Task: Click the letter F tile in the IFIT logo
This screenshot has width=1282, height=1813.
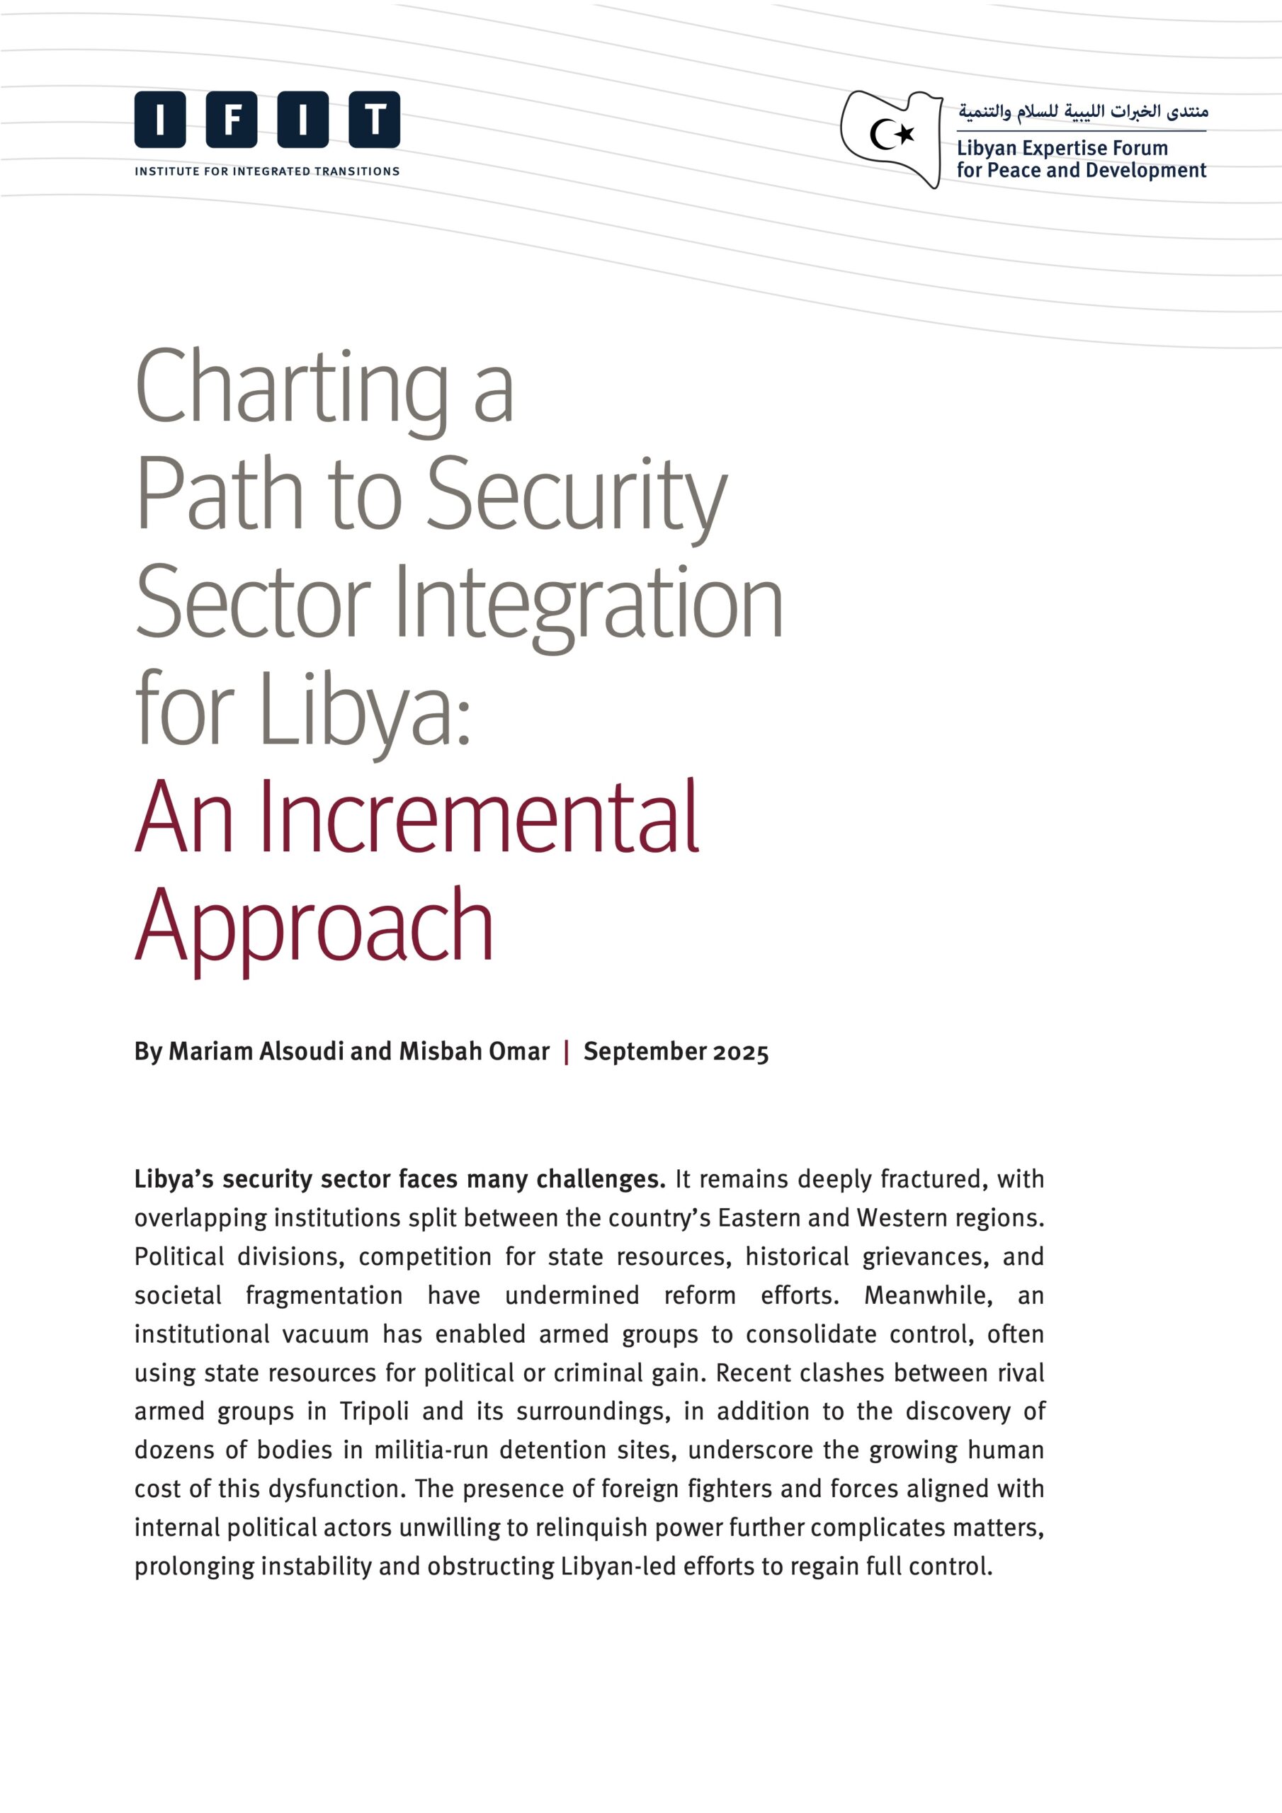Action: click(232, 120)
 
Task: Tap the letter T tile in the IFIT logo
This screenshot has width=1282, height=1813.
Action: click(375, 120)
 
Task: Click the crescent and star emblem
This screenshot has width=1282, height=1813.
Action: click(892, 135)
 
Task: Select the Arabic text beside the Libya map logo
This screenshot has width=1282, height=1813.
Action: click(1083, 111)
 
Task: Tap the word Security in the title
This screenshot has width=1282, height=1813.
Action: click(577, 496)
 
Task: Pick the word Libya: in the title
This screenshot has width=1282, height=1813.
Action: click(365, 710)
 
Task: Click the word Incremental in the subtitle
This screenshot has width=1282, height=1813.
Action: click(479, 818)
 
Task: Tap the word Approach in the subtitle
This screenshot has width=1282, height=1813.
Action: click(314, 926)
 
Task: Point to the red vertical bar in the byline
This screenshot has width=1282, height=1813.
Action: click(567, 1052)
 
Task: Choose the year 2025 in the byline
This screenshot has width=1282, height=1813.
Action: click(741, 1052)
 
